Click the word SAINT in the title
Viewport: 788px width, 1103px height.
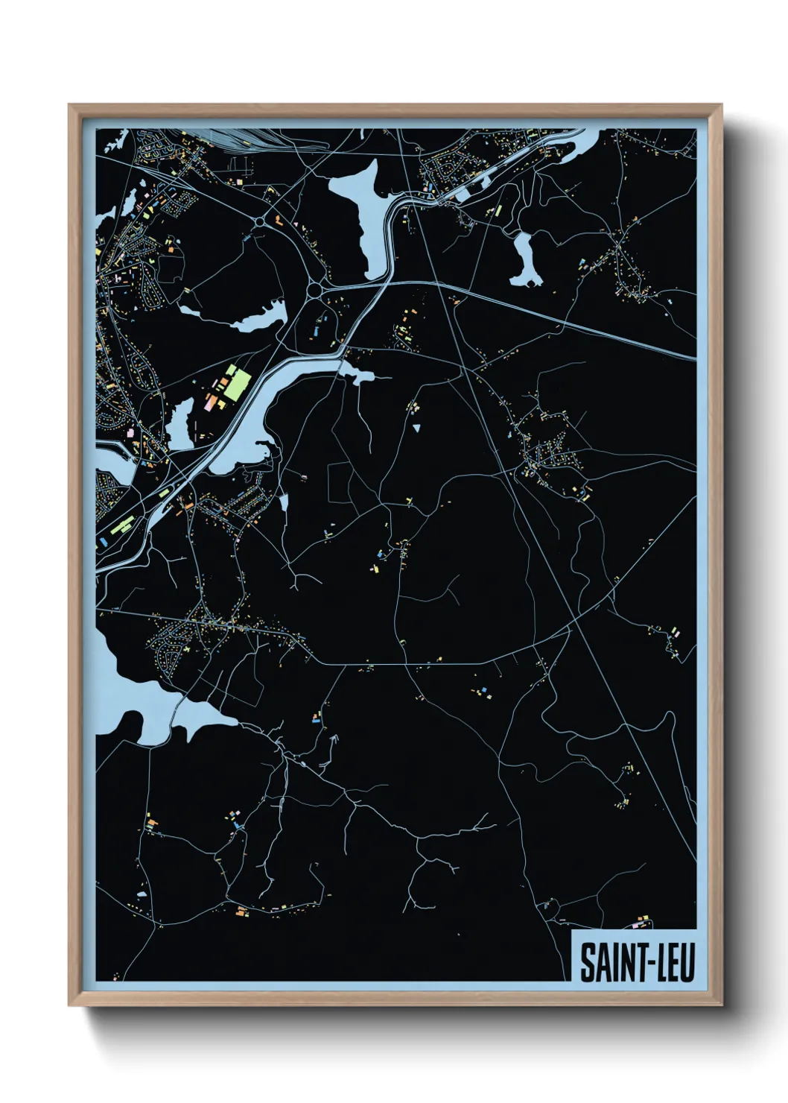(606, 962)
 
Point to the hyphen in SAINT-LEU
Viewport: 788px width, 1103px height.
(637, 963)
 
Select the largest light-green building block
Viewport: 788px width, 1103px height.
(238, 382)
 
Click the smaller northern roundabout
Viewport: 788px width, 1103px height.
(261, 221)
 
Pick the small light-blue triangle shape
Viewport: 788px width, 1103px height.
(416, 428)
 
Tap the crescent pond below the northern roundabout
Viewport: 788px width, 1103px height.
(257, 318)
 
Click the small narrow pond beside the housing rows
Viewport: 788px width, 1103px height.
(284, 502)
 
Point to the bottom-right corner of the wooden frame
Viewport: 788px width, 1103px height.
(720, 1004)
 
